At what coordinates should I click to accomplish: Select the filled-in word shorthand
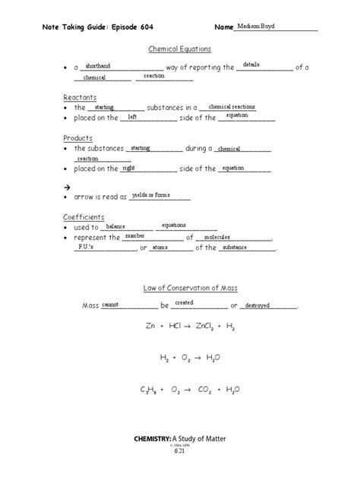point(98,65)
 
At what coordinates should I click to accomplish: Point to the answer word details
point(251,65)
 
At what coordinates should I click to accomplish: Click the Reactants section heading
point(80,98)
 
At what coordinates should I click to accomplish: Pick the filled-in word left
point(132,116)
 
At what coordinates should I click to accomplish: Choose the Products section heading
point(78,138)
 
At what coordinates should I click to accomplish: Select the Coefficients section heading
point(84,217)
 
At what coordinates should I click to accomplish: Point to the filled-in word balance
point(115,226)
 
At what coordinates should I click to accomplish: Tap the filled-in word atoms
point(160,247)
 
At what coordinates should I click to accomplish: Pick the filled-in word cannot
point(110,304)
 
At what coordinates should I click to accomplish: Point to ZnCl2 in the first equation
point(203,326)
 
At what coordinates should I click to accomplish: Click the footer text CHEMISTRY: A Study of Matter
point(179,439)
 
